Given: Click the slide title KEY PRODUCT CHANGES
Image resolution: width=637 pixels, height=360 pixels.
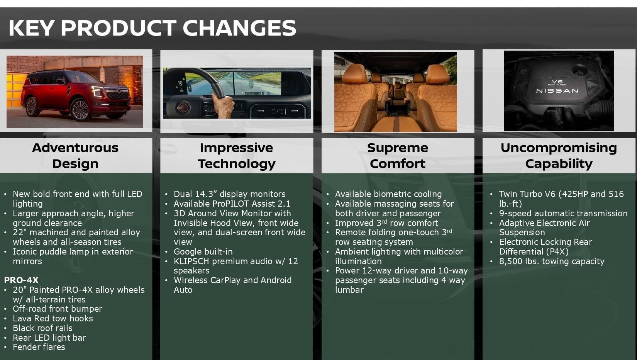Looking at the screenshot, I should coord(152,28).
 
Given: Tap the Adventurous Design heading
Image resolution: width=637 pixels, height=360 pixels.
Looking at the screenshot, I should coord(75,155).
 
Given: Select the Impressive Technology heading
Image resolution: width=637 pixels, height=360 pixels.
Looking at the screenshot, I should coord(236,155).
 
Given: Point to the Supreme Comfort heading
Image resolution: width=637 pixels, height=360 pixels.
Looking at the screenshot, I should coord(397,155).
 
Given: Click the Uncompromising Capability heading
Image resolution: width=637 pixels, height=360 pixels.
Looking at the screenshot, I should coord(558,155).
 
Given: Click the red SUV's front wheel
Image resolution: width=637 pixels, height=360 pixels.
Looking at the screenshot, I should coord(80,110).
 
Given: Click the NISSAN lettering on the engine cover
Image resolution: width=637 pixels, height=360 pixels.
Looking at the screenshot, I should coord(557,91).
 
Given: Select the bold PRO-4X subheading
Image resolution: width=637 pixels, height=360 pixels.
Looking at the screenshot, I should coord(21,280).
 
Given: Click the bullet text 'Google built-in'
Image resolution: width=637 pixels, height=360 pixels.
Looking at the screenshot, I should coord(203,251).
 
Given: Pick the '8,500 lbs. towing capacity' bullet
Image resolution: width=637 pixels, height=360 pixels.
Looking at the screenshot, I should coord(552,261).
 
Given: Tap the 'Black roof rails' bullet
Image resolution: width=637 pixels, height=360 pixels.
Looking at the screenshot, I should coord(42,328).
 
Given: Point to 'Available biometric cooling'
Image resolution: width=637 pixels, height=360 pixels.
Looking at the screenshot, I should coord(388,194).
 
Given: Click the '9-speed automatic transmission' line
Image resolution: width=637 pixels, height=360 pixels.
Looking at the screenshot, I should coord(563,213).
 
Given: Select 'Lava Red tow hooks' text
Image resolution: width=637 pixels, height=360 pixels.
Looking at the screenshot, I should coord(53,318).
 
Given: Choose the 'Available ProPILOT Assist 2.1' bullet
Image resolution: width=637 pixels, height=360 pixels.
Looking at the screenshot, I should coord(232,204).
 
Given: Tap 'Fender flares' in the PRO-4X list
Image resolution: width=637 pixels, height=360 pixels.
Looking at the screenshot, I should coord(39,347).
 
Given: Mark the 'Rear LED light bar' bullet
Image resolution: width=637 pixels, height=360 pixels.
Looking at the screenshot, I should coord(49,338).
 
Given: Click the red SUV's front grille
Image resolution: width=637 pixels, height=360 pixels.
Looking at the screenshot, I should coord(117,94).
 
